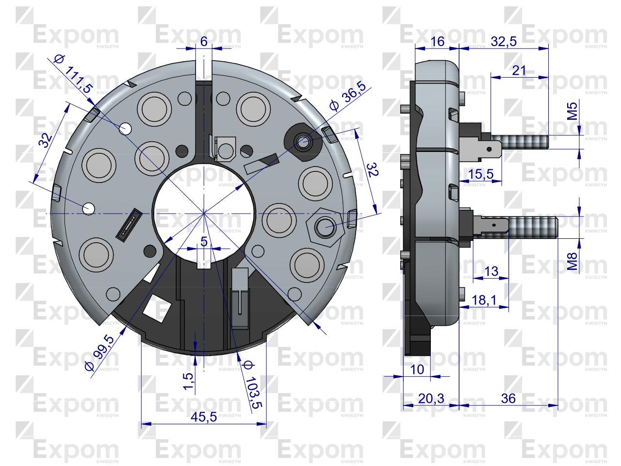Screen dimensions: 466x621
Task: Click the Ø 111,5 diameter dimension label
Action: [73, 74]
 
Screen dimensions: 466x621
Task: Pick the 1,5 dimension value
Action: [190, 382]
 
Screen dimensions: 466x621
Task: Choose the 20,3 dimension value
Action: [431, 399]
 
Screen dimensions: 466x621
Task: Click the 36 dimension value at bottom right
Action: [508, 399]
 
